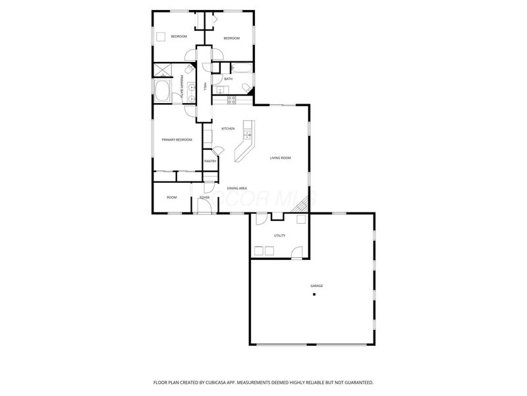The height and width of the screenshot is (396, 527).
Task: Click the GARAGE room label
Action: [316, 285]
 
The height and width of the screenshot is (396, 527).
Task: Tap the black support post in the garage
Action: [314, 294]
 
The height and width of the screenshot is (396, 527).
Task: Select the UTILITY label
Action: [279, 236]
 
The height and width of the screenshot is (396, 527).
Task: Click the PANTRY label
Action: [210, 161]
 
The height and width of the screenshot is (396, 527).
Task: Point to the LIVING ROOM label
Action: [280, 158]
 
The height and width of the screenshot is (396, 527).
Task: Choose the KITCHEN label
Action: [228, 128]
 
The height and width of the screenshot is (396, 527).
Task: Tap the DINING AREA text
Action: [237, 188]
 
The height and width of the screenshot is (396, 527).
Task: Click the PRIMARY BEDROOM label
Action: [177, 139]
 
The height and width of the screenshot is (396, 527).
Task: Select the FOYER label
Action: [205, 197]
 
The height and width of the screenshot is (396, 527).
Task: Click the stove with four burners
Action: [232, 100]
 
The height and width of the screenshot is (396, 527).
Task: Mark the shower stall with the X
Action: [163, 71]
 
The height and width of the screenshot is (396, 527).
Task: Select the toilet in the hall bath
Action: [246, 88]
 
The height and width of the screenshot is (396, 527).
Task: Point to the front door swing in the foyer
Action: [204, 206]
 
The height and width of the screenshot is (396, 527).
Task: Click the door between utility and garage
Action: [297, 251]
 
